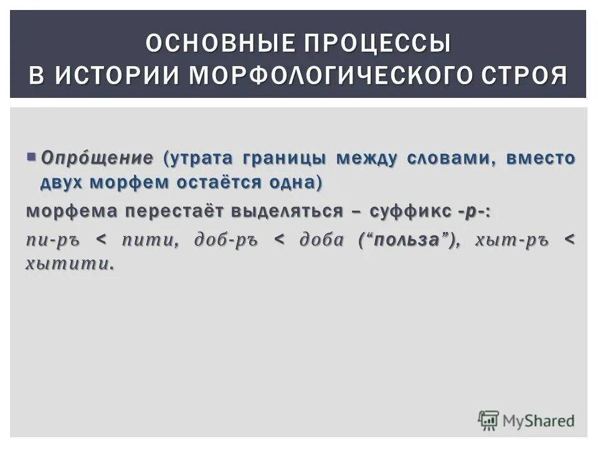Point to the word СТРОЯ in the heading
(524, 75)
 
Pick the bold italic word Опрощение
(97, 158)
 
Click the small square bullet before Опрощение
(32, 156)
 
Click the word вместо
(541, 158)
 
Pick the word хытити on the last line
(69, 264)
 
